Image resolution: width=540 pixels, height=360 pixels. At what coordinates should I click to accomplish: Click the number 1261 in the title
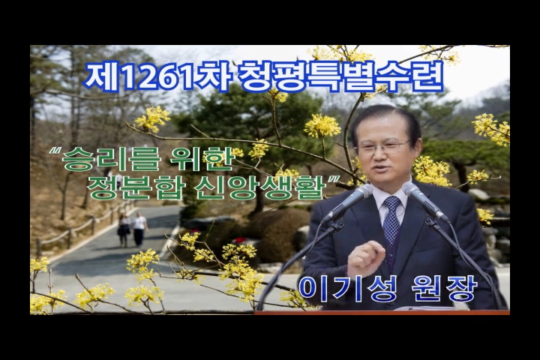[x=161, y=76]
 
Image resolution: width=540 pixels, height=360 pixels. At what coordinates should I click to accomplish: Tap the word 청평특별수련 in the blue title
[x=340, y=76]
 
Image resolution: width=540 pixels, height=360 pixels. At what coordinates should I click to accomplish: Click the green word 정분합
[x=136, y=188]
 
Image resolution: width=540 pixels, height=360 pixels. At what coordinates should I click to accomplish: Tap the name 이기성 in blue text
[x=347, y=289]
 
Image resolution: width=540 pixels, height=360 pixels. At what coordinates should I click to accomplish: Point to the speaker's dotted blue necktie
[x=391, y=220]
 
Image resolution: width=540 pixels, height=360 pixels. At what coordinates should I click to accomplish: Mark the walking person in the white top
[x=139, y=229]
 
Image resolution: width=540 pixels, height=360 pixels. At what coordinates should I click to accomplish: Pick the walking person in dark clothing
[x=123, y=230]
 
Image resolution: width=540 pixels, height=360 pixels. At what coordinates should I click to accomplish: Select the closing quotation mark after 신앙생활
[x=333, y=179]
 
